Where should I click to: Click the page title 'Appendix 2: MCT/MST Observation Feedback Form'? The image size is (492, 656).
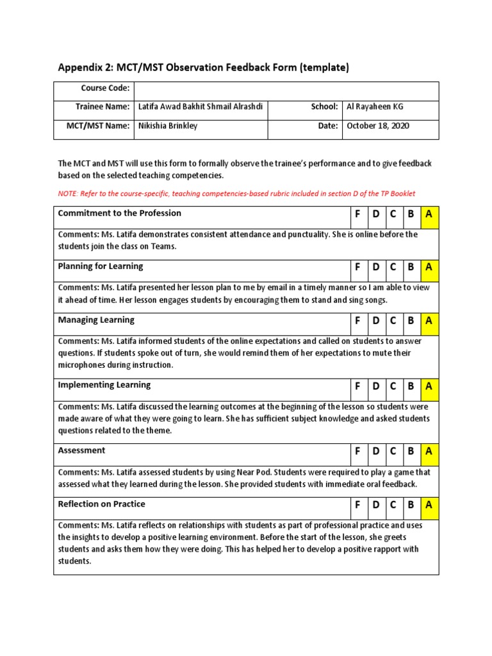pyautogui.click(x=204, y=67)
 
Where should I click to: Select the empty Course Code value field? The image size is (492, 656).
pyautogui.click(x=286, y=90)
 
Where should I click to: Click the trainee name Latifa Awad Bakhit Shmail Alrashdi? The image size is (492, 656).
pyautogui.click(x=200, y=107)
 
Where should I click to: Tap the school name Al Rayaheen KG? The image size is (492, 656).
pyautogui.click(x=375, y=107)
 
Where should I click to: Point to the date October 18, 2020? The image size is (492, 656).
pyautogui.click(x=378, y=126)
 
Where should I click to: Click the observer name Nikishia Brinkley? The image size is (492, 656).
pyautogui.click(x=168, y=126)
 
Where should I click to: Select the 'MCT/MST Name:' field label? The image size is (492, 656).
pyautogui.click(x=98, y=126)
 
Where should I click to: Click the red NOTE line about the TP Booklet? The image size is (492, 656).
pyautogui.click(x=236, y=193)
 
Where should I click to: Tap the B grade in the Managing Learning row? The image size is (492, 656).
pyautogui.click(x=411, y=320)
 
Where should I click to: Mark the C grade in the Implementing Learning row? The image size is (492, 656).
pyautogui.click(x=393, y=386)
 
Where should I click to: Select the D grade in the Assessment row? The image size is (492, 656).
pyautogui.click(x=375, y=452)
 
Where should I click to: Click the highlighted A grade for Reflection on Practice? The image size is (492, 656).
pyautogui.click(x=429, y=505)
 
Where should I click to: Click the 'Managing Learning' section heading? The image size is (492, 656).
pyautogui.click(x=96, y=320)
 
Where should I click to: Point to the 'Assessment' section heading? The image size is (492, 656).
pyautogui.click(x=81, y=450)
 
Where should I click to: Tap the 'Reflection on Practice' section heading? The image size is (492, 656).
pyautogui.click(x=101, y=504)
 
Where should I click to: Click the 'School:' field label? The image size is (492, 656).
pyautogui.click(x=324, y=107)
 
